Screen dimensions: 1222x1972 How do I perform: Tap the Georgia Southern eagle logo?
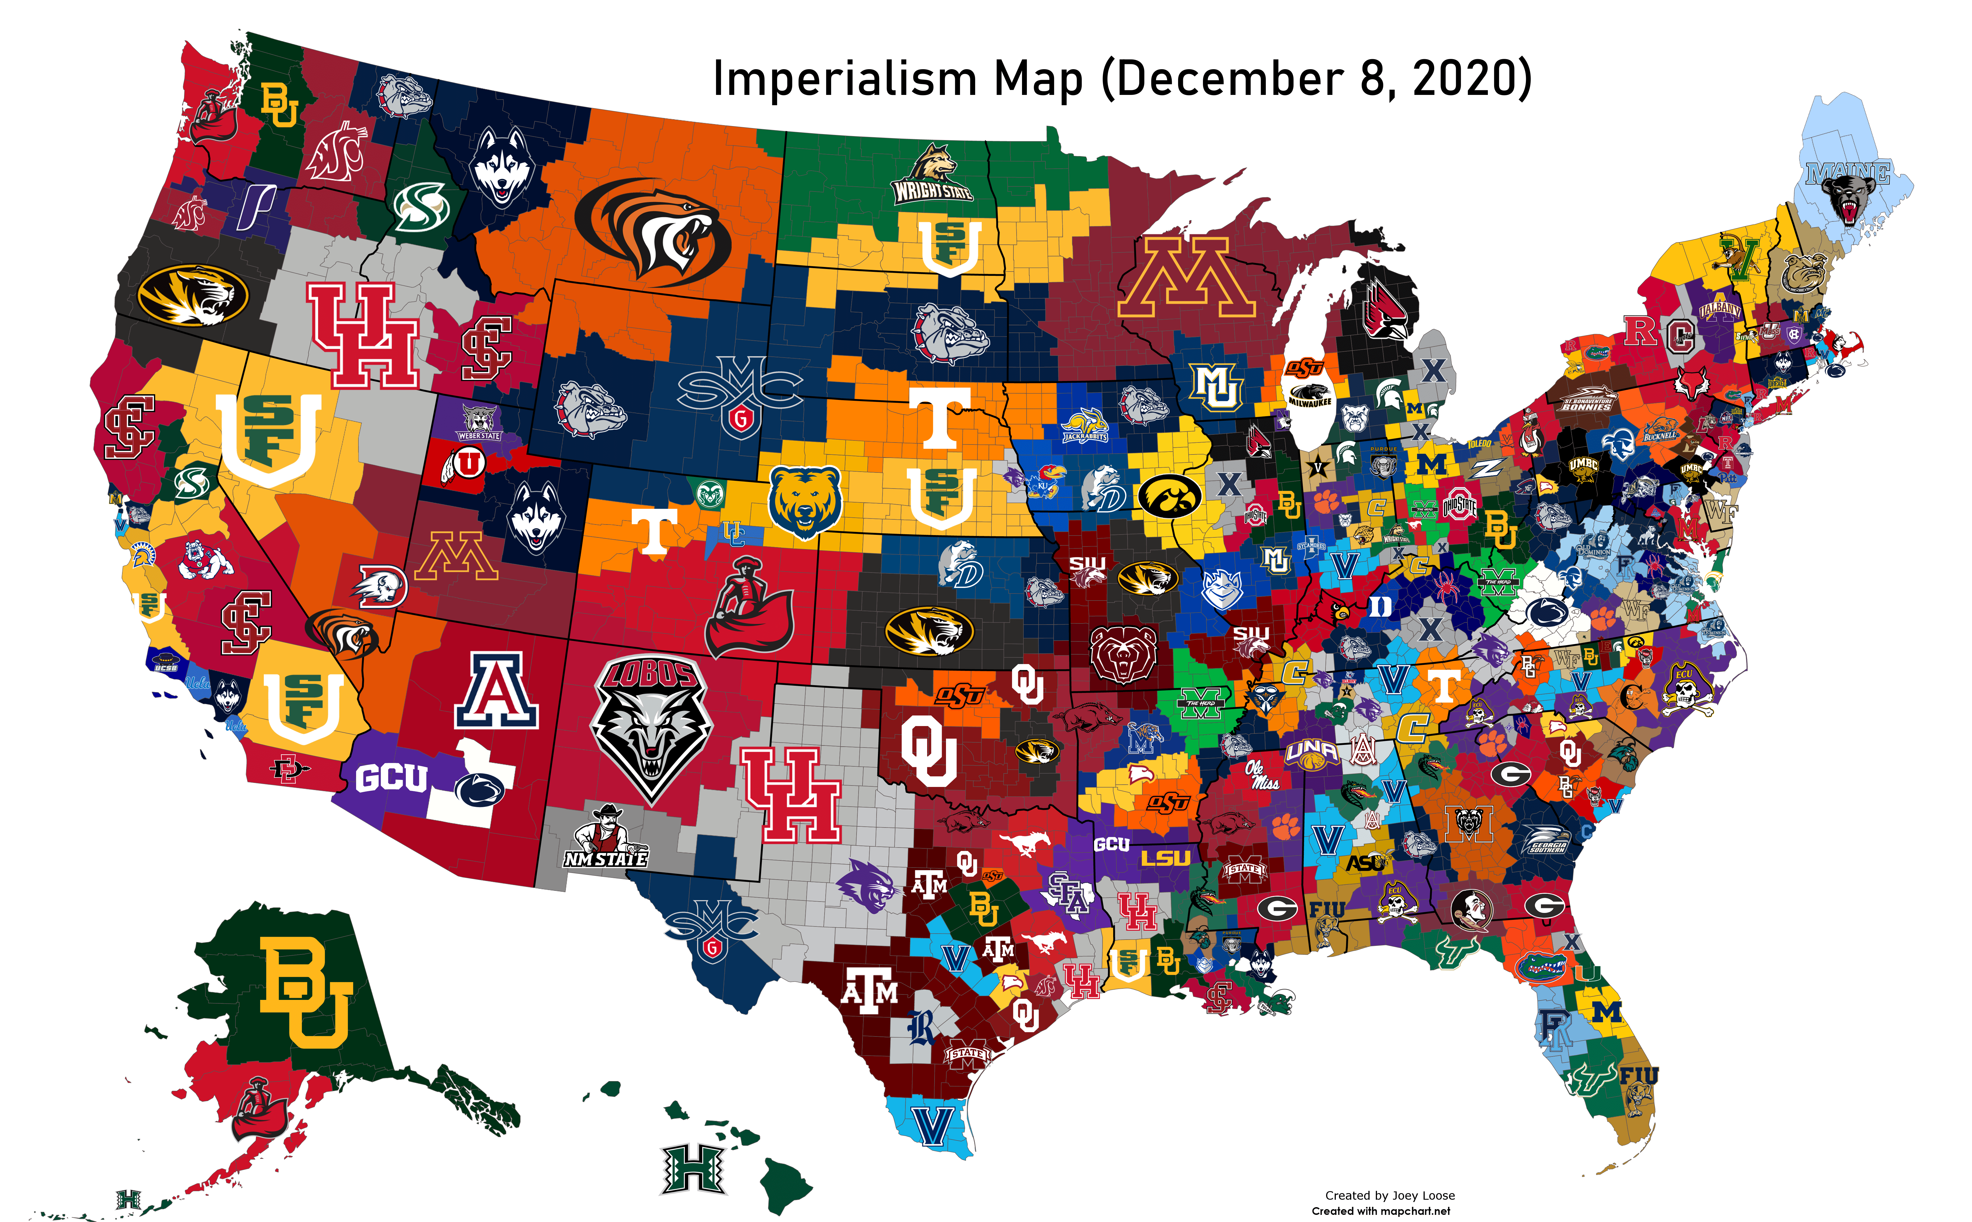1549,840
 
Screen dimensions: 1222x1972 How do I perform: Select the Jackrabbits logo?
1084,427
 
